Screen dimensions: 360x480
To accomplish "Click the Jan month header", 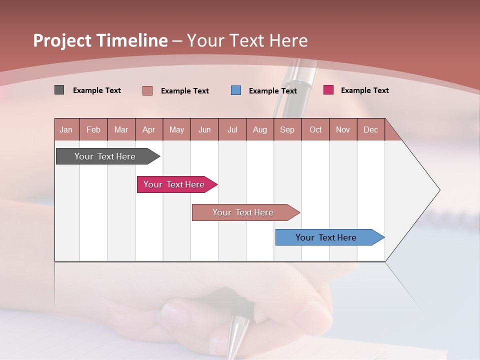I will coord(66,129).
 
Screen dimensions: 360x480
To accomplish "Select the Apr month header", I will coord(148,129).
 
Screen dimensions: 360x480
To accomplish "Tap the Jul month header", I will coord(232,129).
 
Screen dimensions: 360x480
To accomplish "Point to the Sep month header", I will coord(287,129).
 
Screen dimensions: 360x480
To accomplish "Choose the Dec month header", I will coord(370,129).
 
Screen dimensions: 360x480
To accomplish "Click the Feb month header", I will coord(93,129).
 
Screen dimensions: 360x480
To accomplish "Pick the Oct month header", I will coord(315,129).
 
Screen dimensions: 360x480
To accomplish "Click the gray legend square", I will coord(59,90).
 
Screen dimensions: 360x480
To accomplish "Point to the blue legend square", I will coord(236,90).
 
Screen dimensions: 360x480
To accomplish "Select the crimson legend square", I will coord(328,90).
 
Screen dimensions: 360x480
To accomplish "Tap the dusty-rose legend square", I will coord(147,90).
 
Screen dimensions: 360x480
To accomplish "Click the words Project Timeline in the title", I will coord(100,40).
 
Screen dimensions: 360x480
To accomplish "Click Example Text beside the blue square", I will coord(272,91).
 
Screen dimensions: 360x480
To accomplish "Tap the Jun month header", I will coord(204,129).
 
